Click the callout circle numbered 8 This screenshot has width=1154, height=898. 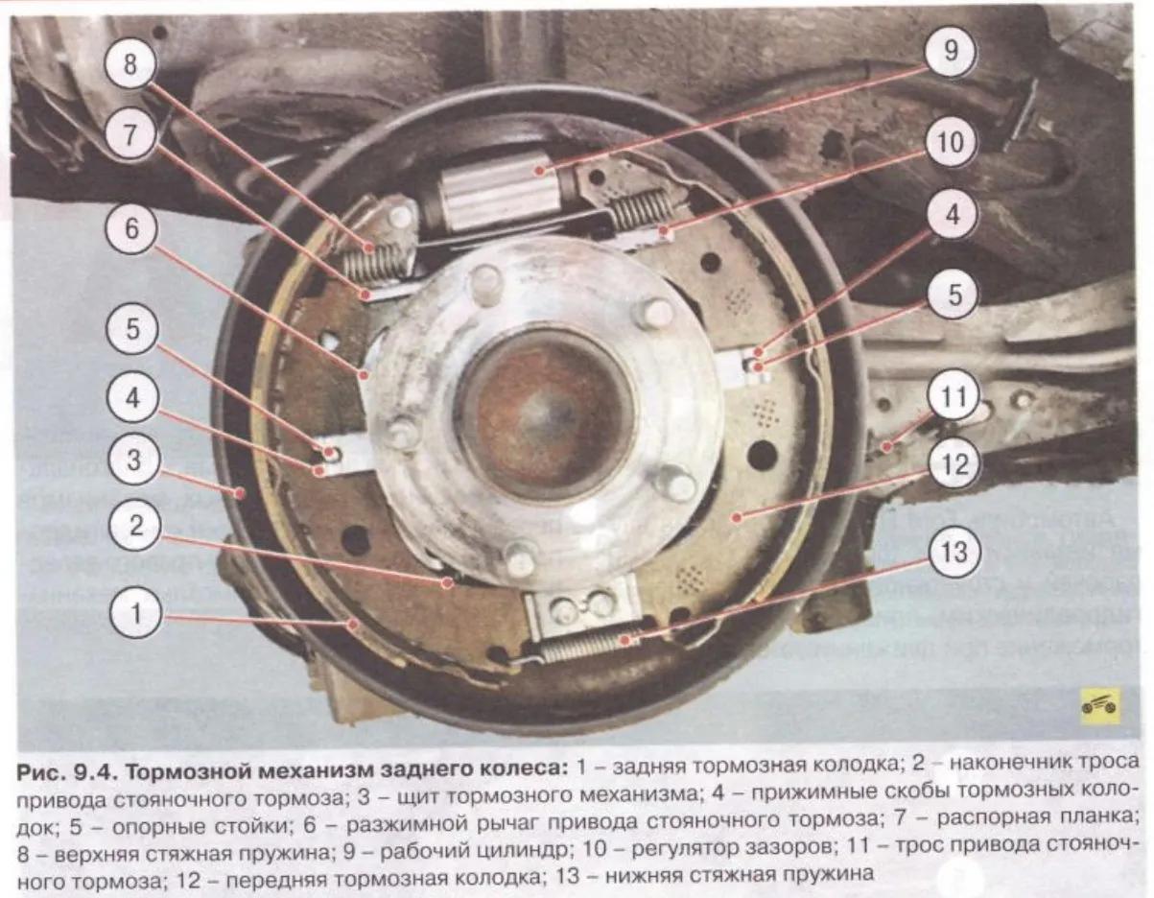click(130, 64)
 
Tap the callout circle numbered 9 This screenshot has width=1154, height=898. click(951, 52)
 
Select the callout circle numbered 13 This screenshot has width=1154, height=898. click(954, 552)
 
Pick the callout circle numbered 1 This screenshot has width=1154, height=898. click(135, 614)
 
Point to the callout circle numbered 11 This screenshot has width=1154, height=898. click(954, 396)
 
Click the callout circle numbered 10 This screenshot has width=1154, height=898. click(951, 143)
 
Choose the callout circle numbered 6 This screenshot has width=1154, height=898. click(131, 229)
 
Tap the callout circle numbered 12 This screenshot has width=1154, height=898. click(954, 465)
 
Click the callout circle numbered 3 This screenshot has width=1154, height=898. click(133, 459)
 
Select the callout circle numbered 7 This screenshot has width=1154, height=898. click(130, 135)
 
